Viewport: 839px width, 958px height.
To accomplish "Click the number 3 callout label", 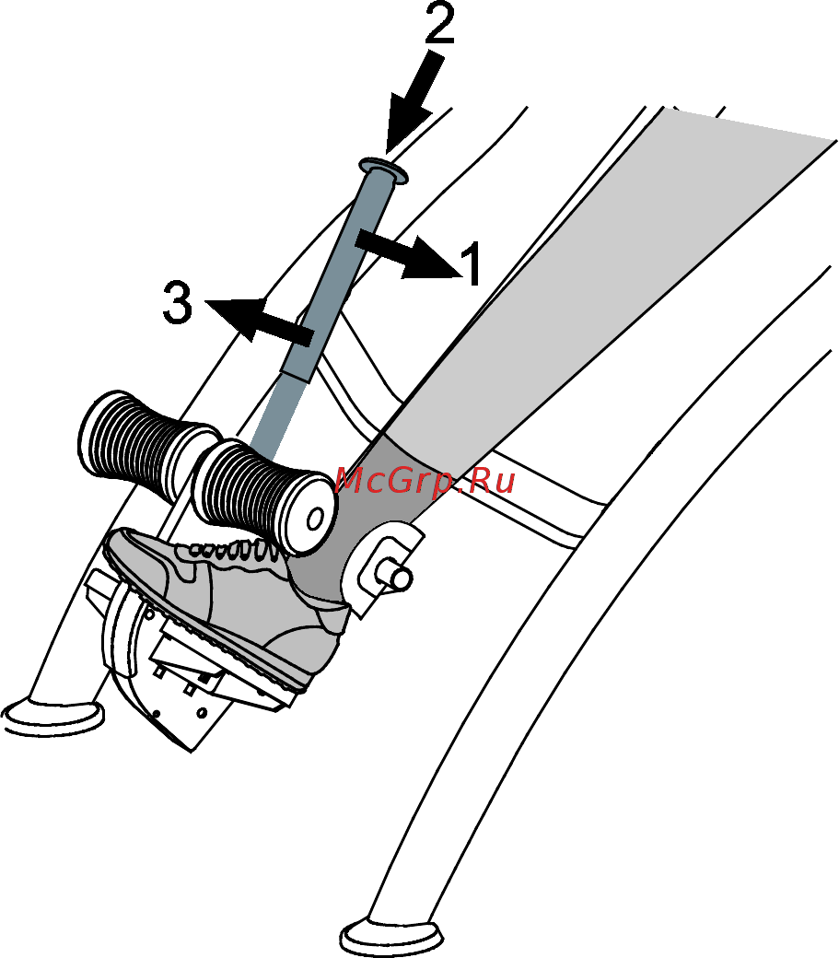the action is point(178,302).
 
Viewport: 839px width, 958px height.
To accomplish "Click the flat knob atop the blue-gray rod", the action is point(383,169).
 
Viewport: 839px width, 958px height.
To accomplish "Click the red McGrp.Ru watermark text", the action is point(425,481).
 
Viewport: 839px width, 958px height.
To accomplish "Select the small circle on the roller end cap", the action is point(315,520).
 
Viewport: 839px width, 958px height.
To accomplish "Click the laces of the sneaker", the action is point(229,549).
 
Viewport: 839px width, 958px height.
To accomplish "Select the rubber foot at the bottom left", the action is point(53,717).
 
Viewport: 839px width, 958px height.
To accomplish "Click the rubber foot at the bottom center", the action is point(391,937).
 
